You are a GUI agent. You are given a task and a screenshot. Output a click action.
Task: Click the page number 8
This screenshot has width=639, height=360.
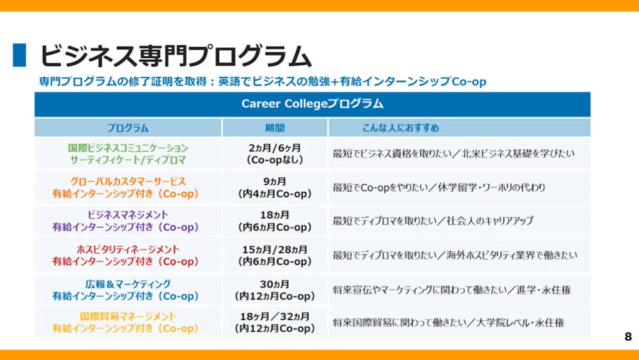628,336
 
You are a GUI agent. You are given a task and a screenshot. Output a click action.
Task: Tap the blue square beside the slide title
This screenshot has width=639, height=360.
19,55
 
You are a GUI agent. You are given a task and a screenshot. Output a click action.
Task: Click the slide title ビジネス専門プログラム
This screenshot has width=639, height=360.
176,56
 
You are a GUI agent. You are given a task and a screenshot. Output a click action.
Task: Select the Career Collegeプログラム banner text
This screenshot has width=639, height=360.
312,104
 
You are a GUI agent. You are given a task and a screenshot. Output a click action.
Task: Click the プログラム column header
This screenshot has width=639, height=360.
128,128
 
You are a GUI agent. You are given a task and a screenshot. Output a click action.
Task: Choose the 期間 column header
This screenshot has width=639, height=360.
275,128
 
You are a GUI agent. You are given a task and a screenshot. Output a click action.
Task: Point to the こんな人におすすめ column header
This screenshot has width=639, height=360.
401,128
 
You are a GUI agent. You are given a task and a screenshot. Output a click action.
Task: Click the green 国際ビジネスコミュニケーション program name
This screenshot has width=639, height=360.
128,148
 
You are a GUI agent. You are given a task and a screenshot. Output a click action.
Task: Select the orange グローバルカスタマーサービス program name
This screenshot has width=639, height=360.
128,182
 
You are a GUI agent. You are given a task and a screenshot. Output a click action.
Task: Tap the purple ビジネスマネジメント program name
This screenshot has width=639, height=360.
128,215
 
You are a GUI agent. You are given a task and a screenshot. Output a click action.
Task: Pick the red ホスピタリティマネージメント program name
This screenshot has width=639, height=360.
128,249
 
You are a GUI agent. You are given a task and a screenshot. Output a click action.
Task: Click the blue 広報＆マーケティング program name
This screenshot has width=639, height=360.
128,284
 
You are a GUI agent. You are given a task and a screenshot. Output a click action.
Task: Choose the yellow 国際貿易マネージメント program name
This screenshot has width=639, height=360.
128,317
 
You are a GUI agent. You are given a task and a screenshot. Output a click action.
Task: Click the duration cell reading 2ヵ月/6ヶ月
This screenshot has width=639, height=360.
275,148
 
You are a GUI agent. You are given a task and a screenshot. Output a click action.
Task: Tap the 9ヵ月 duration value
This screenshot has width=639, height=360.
275,182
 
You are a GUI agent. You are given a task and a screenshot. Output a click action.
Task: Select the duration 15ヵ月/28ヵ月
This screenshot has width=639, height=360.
275,249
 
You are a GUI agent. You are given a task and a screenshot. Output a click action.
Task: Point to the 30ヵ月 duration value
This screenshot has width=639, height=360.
275,284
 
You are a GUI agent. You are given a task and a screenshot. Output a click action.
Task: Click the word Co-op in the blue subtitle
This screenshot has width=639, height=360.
468,82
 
